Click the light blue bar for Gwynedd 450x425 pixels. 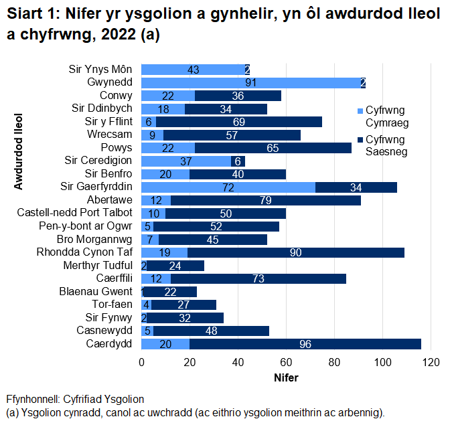pos(251,82)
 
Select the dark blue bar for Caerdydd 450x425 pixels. pos(305,344)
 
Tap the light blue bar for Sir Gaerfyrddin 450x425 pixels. pos(228,187)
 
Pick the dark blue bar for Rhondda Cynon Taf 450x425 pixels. pos(296,252)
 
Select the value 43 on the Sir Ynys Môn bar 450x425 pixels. pos(194,70)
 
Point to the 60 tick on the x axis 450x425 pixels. pos(287,363)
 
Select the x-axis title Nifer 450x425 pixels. pos(287,378)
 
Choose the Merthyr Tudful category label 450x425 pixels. pos(98,266)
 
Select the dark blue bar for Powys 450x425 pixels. pos(273,148)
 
